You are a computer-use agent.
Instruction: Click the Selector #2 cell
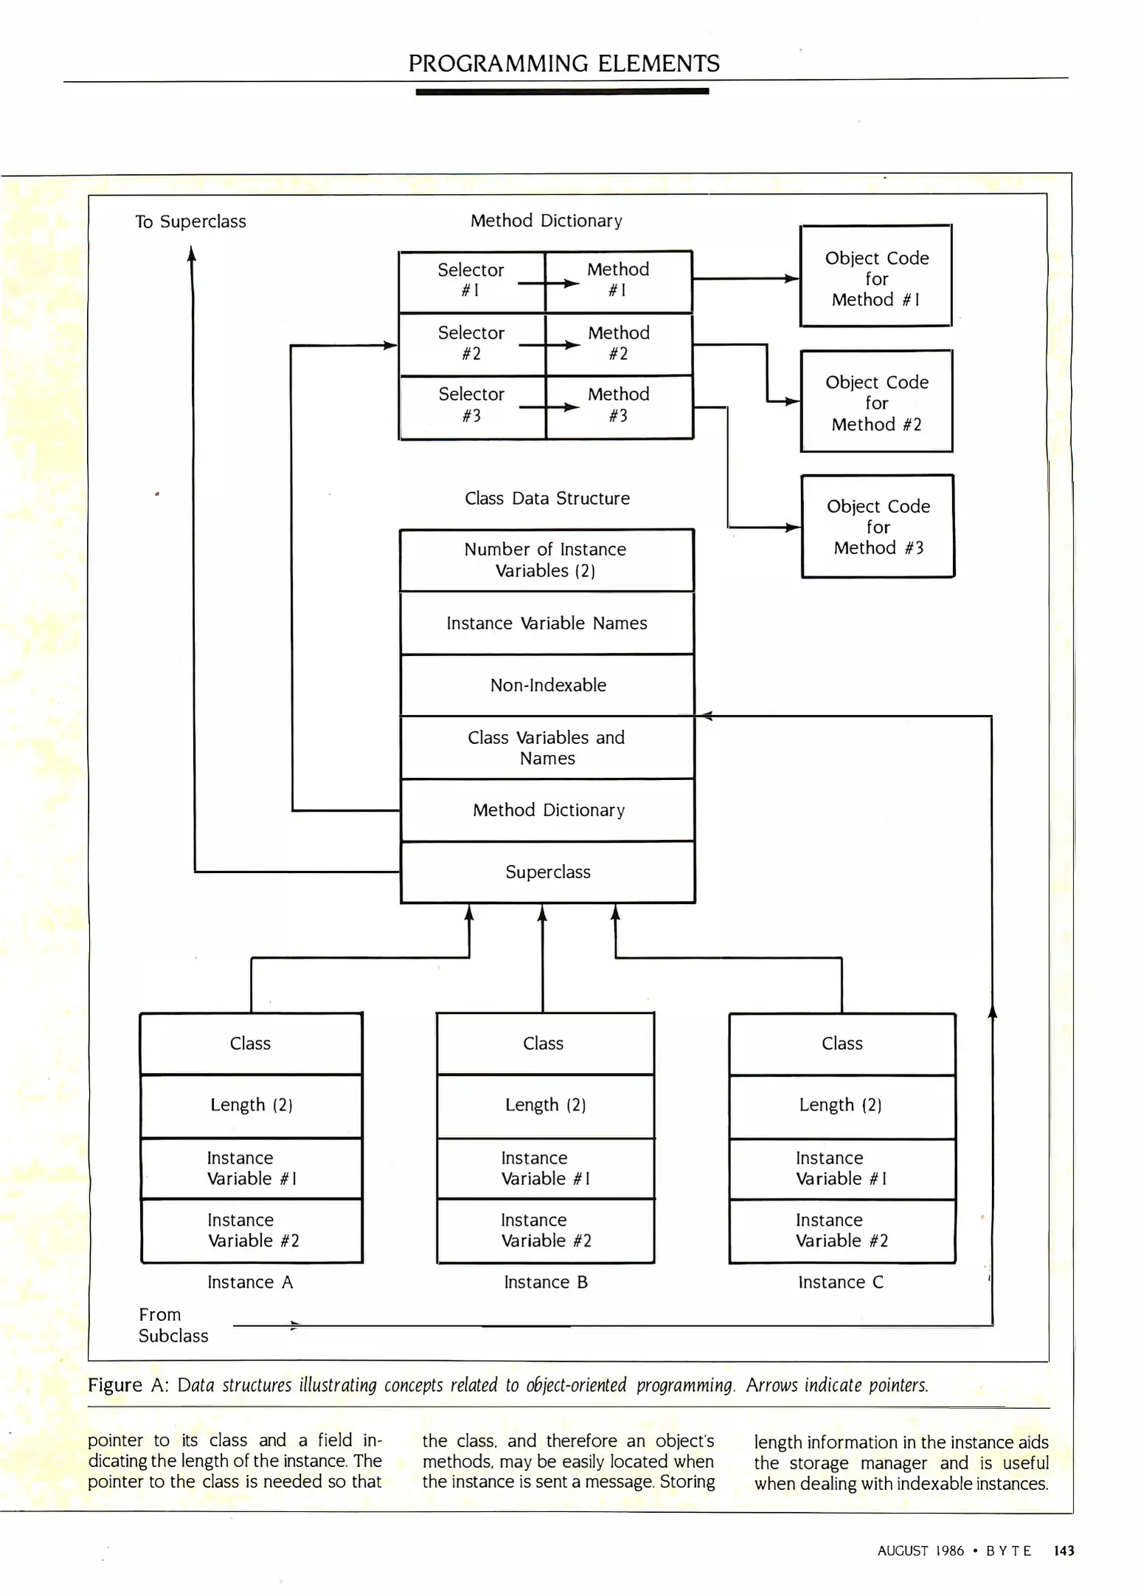pos(471,344)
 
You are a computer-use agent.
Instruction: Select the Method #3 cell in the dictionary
pos(619,406)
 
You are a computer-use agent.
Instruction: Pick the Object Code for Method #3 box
pos(878,526)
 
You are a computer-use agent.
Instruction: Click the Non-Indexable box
pos(547,685)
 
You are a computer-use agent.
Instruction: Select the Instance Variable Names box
pos(547,623)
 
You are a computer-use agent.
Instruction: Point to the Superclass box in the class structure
pos(547,872)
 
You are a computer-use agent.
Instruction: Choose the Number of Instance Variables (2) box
pos(546,560)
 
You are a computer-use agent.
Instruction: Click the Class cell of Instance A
pos(251,1043)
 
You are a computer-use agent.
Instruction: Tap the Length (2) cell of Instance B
pos(545,1105)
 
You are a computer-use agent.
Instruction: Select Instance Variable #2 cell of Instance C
pos(842,1230)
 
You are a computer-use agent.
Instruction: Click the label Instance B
pos(546,1283)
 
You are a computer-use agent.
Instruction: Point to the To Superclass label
pos(190,221)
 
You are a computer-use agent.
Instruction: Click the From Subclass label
pos(173,1325)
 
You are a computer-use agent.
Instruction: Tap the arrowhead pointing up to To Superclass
pos(192,255)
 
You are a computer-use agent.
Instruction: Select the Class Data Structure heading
pos(547,498)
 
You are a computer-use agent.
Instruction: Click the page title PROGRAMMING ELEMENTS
pos(563,63)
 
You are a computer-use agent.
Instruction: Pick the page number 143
pos(1063,1550)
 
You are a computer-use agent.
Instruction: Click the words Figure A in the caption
pos(128,1385)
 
